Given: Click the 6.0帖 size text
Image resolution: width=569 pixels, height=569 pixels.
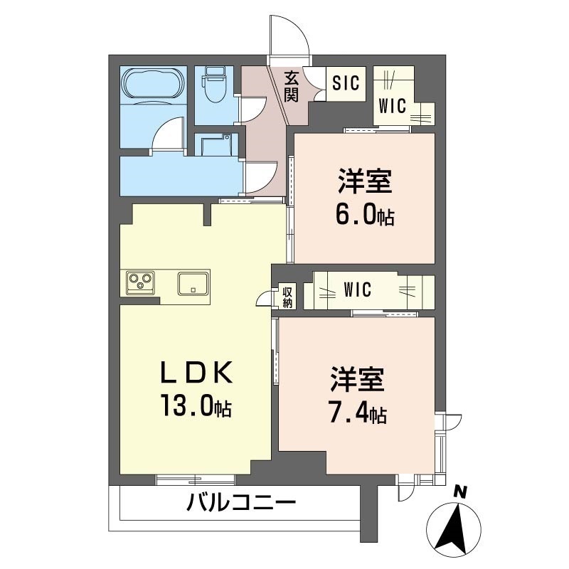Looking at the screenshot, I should pyautogui.click(x=364, y=216).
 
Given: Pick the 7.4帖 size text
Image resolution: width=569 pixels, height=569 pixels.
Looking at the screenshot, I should pyautogui.click(x=357, y=413).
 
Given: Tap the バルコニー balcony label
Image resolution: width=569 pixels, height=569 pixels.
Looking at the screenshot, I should pyautogui.click(x=241, y=505).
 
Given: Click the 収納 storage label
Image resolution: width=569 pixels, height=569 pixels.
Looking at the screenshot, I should pyautogui.click(x=287, y=296).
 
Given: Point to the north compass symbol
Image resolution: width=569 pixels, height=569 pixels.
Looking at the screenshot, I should pyautogui.click(x=454, y=528).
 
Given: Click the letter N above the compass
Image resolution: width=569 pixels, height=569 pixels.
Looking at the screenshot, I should pyautogui.click(x=461, y=491).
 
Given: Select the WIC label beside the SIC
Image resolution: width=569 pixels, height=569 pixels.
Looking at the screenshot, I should pyautogui.click(x=392, y=107).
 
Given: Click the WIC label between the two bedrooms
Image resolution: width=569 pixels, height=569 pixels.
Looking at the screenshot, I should pyautogui.click(x=357, y=290).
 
